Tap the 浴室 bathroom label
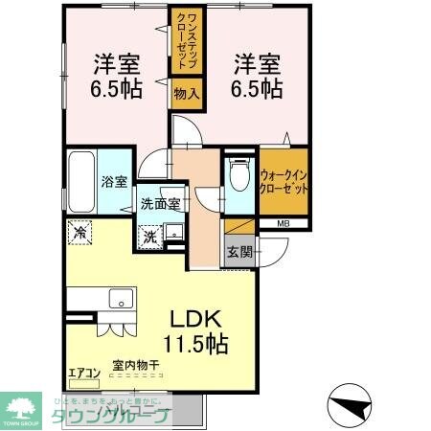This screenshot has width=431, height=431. pos(116,182)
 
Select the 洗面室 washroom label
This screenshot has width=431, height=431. pos(159,203)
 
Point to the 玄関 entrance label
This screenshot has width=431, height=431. pos(240,253)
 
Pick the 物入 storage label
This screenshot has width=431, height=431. pos(186,94)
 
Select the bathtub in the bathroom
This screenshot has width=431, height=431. pos(82,183)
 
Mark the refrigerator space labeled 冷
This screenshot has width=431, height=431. pos(80,233)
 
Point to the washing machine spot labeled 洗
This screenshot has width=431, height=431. pos(150,235)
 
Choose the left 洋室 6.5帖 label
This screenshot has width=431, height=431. pos(116,77)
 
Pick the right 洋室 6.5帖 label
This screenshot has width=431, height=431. pos(258,77)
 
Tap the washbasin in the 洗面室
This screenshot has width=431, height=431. pos(175,232)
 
